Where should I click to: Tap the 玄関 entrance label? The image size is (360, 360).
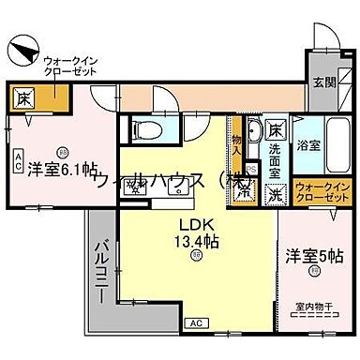323,82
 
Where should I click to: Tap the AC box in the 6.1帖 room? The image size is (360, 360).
19,158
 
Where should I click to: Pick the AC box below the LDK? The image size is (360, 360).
196,322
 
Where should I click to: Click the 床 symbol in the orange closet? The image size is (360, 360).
24,97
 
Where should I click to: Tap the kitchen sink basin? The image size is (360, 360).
176,191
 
